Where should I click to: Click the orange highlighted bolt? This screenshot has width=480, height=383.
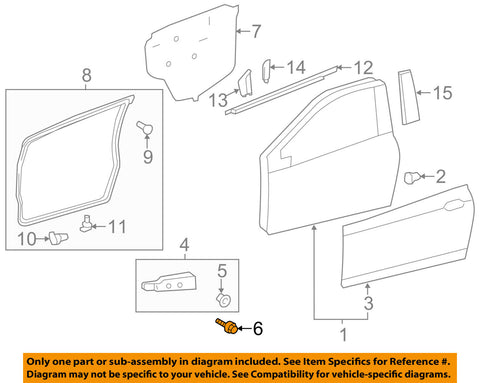click(x=227, y=326)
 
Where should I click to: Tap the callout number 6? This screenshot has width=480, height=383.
click(x=258, y=329)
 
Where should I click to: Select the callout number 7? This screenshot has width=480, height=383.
click(x=255, y=31)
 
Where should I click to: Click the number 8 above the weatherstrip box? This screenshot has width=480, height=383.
click(x=86, y=75)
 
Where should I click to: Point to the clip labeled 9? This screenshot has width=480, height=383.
click(x=145, y=127)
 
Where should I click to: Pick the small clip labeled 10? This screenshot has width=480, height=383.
click(x=59, y=238)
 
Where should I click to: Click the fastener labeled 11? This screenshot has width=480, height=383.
click(x=86, y=223)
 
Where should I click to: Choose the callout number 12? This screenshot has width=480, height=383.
click(x=363, y=68)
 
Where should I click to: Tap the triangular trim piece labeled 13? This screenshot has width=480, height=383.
click(x=246, y=83)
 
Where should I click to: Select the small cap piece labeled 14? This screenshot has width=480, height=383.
click(x=267, y=70)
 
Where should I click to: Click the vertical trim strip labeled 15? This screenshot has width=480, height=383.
click(x=408, y=97)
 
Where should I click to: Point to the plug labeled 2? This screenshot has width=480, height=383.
click(x=410, y=177)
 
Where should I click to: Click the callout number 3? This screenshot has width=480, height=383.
click(x=368, y=303)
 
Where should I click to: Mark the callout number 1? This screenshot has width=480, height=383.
click(x=343, y=334)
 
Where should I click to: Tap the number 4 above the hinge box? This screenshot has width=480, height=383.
click(x=184, y=245)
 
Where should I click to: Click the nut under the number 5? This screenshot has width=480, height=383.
click(x=223, y=300)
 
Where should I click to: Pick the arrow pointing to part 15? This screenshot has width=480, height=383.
click(x=424, y=93)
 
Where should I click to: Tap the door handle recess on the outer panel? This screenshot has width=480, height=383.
click(x=455, y=205)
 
